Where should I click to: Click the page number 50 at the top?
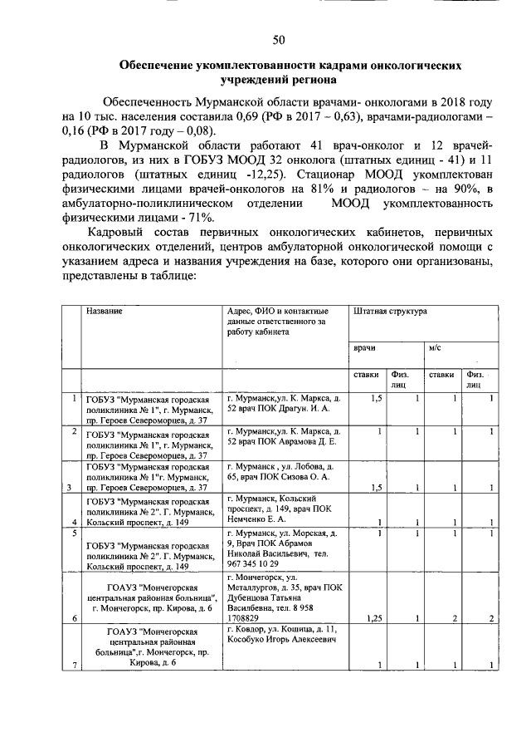(279, 39)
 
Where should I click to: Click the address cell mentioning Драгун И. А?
(285, 405)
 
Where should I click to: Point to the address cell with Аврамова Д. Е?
(285, 437)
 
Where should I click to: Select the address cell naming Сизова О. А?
(285, 472)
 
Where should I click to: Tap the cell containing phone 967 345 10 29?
(285, 545)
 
